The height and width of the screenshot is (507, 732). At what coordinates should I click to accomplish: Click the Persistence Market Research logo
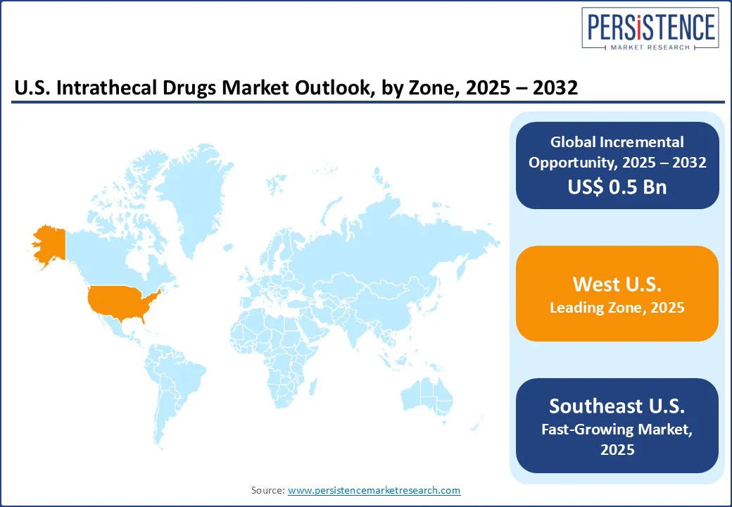650,28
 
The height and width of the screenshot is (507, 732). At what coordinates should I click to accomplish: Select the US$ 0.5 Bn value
617,187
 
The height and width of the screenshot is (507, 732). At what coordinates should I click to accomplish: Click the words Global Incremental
617,142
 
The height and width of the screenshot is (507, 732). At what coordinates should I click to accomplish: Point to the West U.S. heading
617,284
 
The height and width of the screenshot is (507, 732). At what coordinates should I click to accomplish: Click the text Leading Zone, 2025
617,308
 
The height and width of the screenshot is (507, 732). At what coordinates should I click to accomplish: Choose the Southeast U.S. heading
617,406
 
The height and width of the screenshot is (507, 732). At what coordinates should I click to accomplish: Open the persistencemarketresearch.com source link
374,490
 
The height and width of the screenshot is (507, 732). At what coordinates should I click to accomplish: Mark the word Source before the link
267,490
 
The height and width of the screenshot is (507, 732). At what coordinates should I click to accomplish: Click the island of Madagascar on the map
313,387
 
